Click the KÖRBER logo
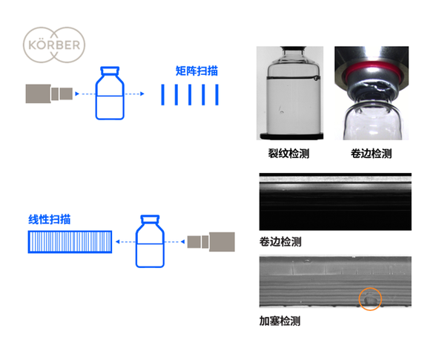[x=54, y=45]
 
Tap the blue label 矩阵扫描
[x=197, y=71]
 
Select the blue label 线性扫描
[x=50, y=220]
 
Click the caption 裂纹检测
[x=289, y=154]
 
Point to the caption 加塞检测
[x=280, y=321]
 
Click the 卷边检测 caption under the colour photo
[x=372, y=154]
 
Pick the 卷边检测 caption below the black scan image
[x=280, y=242]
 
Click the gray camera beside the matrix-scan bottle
[x=49, y=94]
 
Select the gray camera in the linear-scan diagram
[x=211, y=242]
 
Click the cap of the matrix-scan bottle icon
[x=110, y=71]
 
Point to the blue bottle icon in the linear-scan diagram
[x=150, y=241]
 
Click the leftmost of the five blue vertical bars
[x=162, y=94]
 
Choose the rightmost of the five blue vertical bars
[x=217, y=94]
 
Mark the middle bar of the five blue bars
[x=190, y=94]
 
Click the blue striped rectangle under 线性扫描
[x=70, y=242]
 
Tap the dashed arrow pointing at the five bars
[x=135, y=94]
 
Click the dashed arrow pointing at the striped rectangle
[x=125, y=242]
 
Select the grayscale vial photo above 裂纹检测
[x=290, y=93]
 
